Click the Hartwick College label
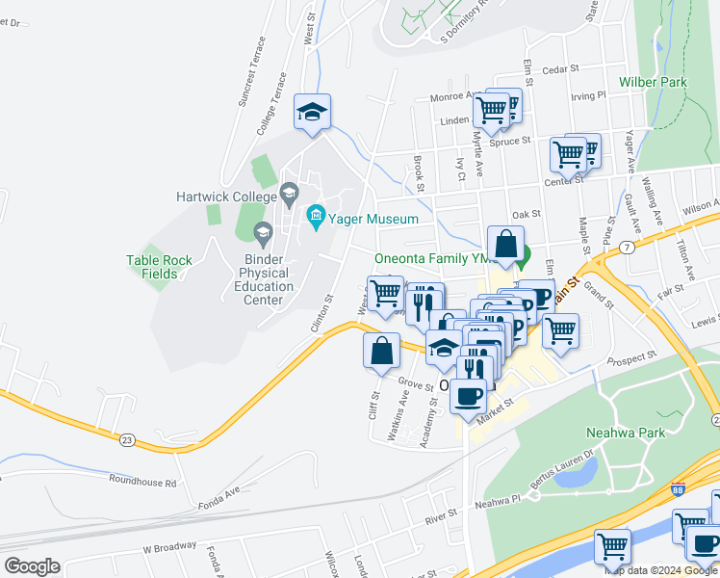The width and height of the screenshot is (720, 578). click(x=225, y=196)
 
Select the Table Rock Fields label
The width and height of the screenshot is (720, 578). click(x=152, y=267)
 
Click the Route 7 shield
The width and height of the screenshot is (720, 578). click(x=628, y=248)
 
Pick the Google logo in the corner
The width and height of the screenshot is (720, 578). click(x=32, y=565)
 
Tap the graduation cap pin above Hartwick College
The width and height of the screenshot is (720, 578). click(x=313, y=112)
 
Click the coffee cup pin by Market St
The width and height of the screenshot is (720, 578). click(x=469, y=395)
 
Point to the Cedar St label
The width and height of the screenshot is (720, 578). click(x=559, y=69)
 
